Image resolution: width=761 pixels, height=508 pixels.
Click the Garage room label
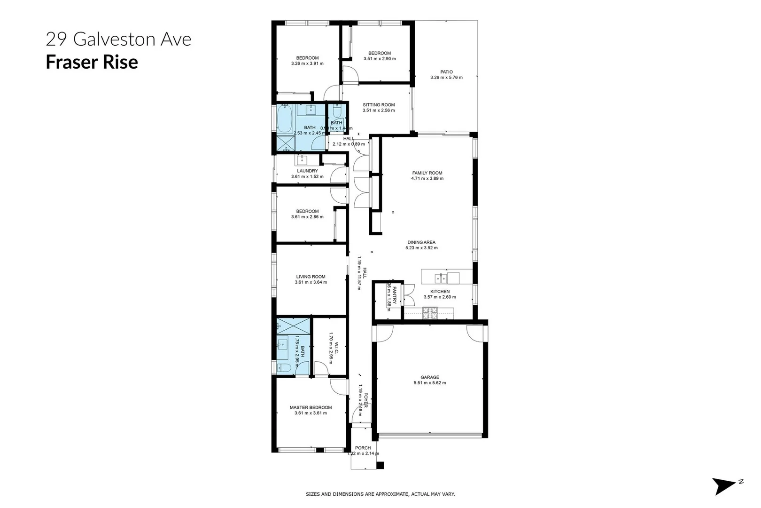(x=429, y=377)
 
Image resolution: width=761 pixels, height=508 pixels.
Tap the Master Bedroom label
(x=311, y=408)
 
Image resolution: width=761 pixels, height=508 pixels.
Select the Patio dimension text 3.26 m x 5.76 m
(x=446, y=78)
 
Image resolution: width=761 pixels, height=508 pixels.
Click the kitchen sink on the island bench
(x=441, y=278)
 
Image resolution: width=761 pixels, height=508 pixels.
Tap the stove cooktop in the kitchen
(x=430, y=313)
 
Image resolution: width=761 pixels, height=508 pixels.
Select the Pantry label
(x=395, y=295)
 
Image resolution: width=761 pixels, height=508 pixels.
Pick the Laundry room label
(x=307, y=171)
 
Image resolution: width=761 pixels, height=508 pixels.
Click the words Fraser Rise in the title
(x=92, y=62)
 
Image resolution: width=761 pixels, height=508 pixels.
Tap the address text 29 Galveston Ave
(x=118, y=39)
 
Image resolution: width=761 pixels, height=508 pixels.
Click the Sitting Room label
(x=379, y=105)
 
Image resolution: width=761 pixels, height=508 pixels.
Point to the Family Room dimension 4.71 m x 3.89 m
(x=427, y=179)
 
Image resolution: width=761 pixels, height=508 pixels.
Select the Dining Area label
(x=421, y=242)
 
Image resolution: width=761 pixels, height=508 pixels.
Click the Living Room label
(x=311, y=277)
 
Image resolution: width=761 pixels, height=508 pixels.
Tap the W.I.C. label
(x=336, y=348)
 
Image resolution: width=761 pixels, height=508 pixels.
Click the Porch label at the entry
(x=363, y=448)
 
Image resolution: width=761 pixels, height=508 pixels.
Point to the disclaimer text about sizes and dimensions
(x=380, y=494)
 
